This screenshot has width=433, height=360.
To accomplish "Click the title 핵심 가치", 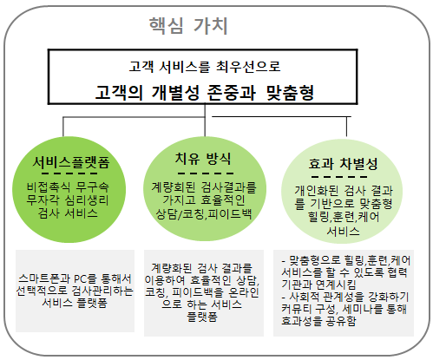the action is pyautogui.click(x=188, y=26).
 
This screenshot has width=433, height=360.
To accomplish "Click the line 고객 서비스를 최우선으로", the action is pyautogui.click(x=205, y=66).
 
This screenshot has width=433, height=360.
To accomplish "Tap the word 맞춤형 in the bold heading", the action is pyautogui.click(x=290, y=93).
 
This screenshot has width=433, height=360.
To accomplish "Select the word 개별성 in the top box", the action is pyautogui.click(x=175, y=93).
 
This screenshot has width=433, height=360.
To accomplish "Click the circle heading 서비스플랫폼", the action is pyautogui.click(x=71, y=162).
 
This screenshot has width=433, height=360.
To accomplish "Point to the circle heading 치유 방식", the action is pyautogui.click(x=203, y=159).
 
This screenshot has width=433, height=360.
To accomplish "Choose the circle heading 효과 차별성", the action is pyautogui.click(x=344, y=164).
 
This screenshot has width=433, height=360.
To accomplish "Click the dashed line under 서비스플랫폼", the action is pyautogui.click(x=69, y=173).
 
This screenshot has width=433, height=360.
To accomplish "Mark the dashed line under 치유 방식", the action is pyautogui.click(x=206, y=173).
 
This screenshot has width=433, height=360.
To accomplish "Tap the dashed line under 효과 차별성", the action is pyautogui.click(x=339, y=177).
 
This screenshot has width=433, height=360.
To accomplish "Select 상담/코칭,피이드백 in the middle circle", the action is pyautogui.click(x=204, y=214).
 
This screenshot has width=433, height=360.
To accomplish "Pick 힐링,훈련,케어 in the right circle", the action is pyautogui.click(x=344, y=217).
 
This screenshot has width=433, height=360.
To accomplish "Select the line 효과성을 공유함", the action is pyautogui.click(x=318, y=321).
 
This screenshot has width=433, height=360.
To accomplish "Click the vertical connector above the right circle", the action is pyautogui.click(x=346, y=127).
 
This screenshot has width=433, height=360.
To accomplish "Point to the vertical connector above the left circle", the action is pyautogui.click(x=63, y=127).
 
